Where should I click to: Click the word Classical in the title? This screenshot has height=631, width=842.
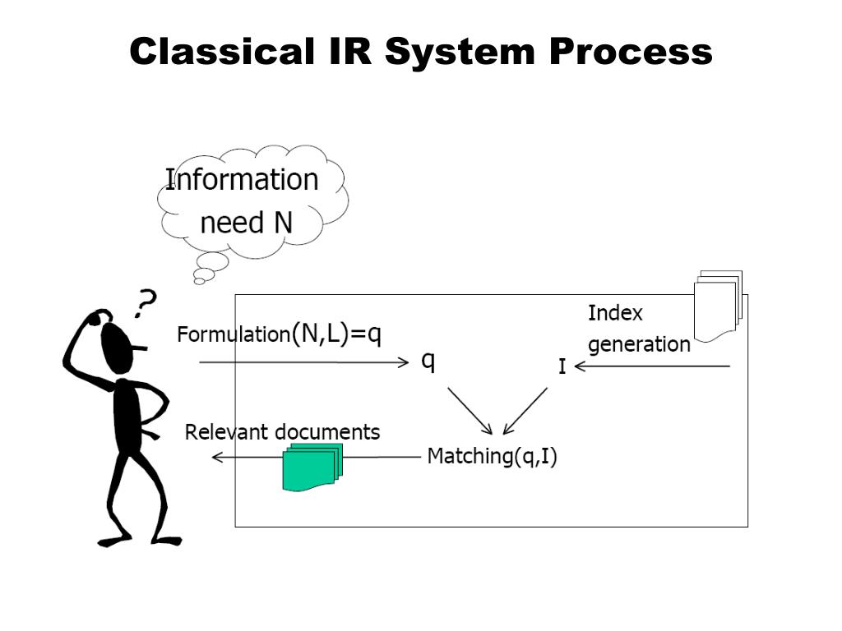222,52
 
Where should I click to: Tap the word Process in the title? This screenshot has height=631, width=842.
631,52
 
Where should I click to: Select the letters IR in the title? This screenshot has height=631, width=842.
349,52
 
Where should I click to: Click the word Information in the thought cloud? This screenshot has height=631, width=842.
242,179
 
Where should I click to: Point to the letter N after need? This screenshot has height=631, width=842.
284,223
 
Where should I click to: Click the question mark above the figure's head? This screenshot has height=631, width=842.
145,303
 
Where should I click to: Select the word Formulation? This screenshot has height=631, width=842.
234,334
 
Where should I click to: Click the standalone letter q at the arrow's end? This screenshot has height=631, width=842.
428,362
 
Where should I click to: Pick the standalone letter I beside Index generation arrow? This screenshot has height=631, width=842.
562,366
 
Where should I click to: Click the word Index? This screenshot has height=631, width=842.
615,313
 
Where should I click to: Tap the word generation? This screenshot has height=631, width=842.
639,344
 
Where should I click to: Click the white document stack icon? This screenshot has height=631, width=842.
719,306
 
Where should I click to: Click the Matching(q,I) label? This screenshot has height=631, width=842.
492,457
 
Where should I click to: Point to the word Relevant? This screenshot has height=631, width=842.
225,432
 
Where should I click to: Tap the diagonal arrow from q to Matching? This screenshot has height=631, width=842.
470,411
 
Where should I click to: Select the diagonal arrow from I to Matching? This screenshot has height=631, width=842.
525,411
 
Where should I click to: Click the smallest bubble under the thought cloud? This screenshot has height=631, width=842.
199,281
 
